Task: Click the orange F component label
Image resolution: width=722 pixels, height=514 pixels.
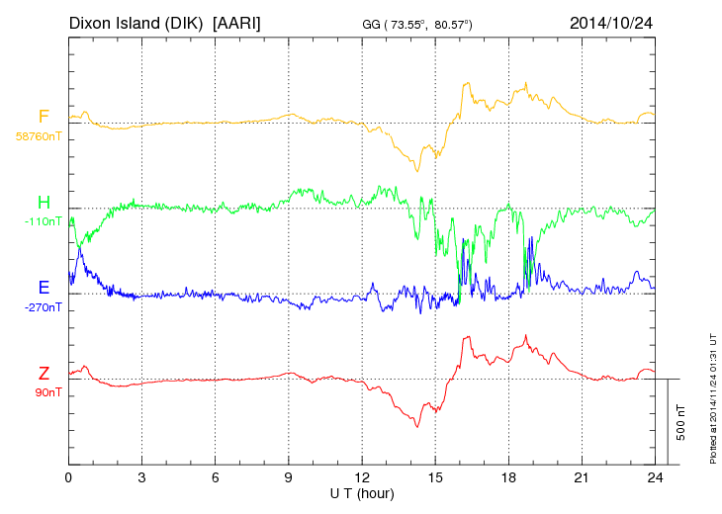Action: [44, 118]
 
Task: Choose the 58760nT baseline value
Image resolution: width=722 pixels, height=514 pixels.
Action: [38, 136]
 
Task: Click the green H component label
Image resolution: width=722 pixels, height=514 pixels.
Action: [44, 203]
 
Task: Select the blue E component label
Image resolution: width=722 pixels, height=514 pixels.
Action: [44, 288]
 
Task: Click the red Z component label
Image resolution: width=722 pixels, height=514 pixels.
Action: [44, 373]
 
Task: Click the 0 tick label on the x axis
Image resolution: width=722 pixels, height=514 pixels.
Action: [68, 477]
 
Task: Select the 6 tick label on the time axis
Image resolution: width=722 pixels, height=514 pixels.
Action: [215, 477]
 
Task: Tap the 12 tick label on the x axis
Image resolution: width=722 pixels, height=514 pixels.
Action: [362, 477]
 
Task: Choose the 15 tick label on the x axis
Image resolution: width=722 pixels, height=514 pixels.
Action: [435, 477]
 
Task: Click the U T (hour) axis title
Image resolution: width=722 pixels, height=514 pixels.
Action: [362, 492]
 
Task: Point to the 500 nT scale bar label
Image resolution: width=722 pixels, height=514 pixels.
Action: [681, 422]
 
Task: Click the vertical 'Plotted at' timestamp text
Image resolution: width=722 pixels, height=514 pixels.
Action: [712, 396]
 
